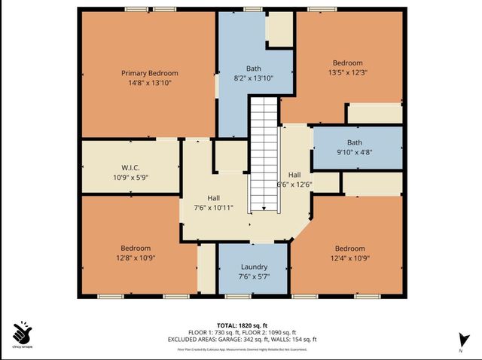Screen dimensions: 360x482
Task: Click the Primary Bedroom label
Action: tap(149, 73)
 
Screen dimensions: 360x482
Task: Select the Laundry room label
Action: tap(254, 267)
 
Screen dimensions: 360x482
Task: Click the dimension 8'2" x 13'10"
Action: tap(253, 78)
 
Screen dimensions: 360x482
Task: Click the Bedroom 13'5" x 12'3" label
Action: tap(348, 63)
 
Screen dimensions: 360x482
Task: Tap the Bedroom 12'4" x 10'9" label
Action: tap(349, 249)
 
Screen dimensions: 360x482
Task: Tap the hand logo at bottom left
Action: tap(22, 332)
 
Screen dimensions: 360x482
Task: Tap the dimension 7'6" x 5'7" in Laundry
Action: tap(254, 276)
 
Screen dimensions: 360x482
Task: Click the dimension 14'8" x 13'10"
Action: tap(149, 83)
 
